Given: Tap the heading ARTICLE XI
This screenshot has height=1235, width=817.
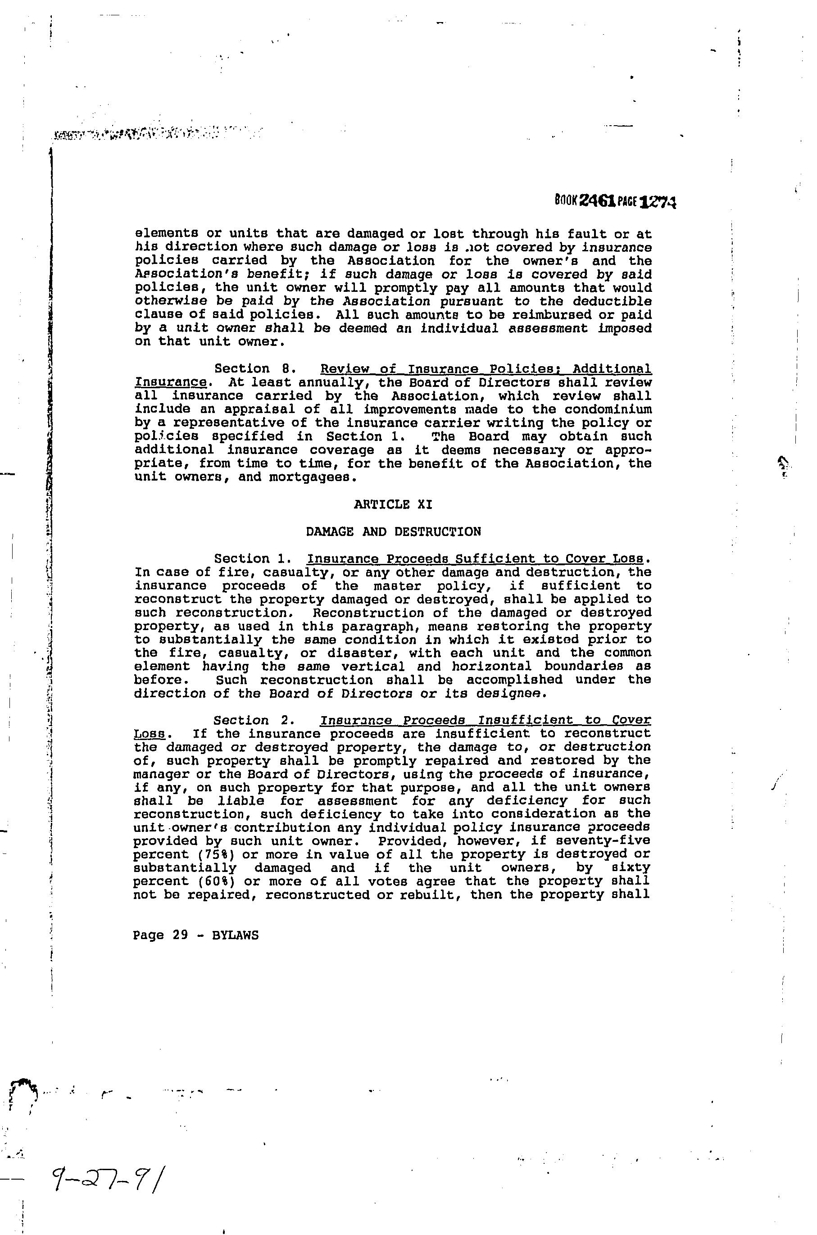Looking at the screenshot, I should [x=393, y=504].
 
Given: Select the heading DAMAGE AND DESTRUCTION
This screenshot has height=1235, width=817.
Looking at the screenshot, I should [x=393, y=531].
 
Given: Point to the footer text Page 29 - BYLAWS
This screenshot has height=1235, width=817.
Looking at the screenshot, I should [x=196, y=935].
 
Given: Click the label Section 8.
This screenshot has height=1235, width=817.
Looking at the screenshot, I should [x=248, y=369].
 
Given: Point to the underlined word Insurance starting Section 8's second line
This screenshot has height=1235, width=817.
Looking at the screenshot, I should [x=170, y=382].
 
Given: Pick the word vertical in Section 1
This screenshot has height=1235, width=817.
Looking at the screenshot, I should [x=373, y=666].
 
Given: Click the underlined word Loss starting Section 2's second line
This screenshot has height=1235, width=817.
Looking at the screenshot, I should [x=149, y=734].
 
